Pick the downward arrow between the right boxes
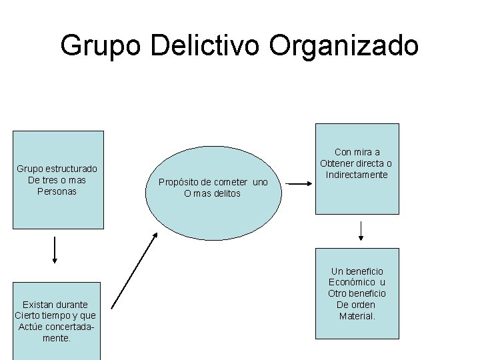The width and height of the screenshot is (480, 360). click(361, 229)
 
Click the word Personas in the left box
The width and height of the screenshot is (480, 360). click(58, 191)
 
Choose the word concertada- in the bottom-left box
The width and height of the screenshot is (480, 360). click(66, 327)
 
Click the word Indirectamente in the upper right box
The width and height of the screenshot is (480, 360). click(357, 175)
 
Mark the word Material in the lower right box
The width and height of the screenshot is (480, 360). click(357, 316)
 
